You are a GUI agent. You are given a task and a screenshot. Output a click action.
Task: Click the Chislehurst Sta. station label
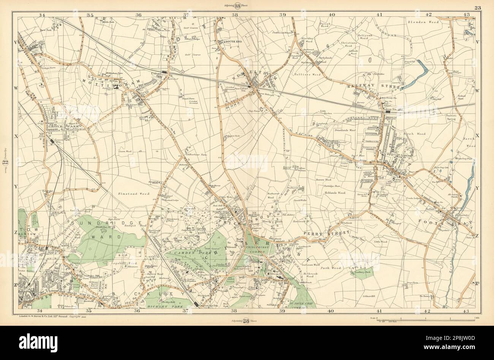[x=212, y=305]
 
